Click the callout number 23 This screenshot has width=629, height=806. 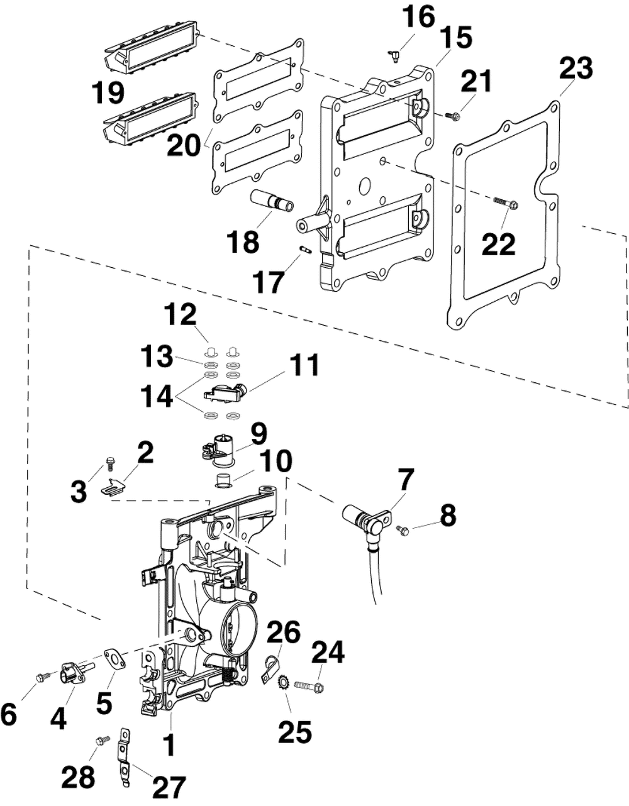coord(576,69)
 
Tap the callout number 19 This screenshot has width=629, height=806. coord(108,93)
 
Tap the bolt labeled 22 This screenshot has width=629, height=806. coord(506,203)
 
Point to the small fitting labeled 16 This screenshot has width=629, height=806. coord(396,56)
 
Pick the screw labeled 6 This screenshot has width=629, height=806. coord(43,677)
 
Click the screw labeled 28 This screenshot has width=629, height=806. coord(102,739)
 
